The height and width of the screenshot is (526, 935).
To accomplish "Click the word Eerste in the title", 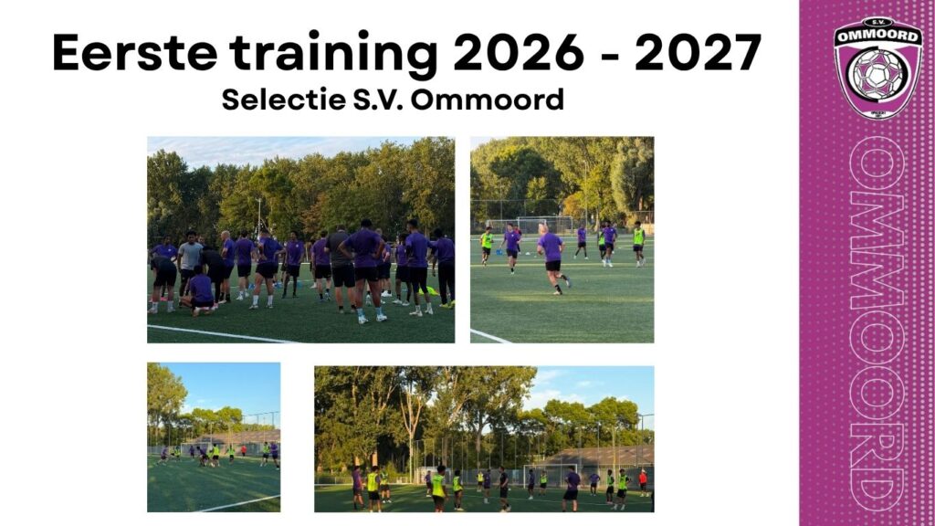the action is [135, 52].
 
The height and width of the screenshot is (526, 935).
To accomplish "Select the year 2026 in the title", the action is [519, 52].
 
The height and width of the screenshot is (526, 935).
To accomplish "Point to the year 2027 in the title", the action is [698, 52].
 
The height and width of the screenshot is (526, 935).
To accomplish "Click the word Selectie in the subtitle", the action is [284, 99].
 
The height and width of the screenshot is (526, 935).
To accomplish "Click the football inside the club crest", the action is [877, 75].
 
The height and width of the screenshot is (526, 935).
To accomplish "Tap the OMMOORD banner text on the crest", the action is [877, 36].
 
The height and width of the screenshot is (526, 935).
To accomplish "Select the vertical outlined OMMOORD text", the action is [877, 322].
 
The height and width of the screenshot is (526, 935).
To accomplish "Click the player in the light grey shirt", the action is [189, 262].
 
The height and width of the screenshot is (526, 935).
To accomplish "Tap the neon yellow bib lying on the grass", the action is [431, 291].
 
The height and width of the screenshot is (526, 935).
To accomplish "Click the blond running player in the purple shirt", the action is [552, 258].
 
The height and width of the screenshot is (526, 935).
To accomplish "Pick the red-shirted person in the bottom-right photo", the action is [643, 482].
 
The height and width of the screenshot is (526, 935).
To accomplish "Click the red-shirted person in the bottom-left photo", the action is [243, 450].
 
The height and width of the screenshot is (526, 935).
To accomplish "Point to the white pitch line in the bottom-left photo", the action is [237, 504].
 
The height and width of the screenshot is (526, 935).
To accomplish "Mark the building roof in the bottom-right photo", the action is [594, 457].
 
